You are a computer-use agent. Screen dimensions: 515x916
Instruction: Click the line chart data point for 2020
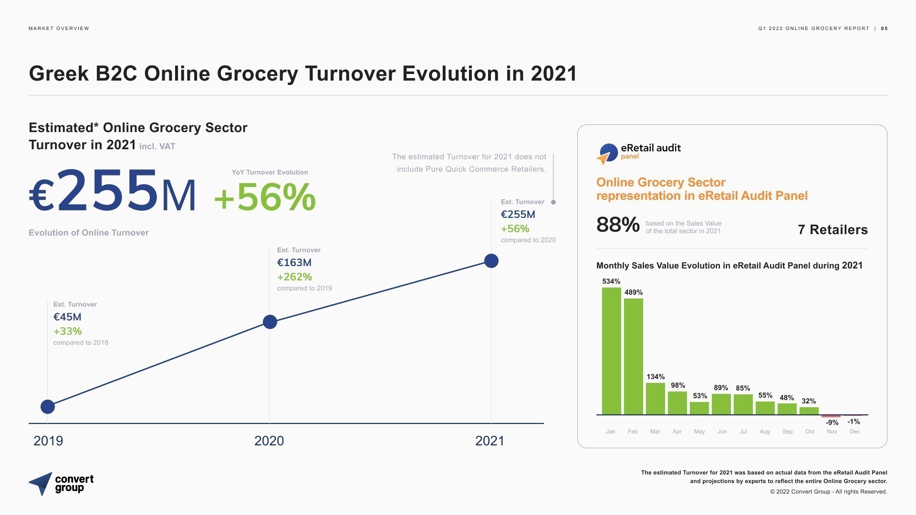click(270, 322)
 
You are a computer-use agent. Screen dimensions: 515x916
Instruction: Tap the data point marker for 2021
click(491, 261)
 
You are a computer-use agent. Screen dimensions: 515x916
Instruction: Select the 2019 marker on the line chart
click(48, 407)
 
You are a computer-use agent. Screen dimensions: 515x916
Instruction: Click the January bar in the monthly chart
click(611, 351)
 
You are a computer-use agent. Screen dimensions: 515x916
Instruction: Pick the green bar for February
click(633, 356)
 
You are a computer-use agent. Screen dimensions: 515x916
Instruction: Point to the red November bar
click(831, 416)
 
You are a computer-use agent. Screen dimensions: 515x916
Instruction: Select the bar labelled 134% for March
click(655, 399)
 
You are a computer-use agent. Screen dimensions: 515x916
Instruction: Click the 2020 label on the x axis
click(269, 441)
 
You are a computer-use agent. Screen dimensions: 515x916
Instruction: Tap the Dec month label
click(854, 432)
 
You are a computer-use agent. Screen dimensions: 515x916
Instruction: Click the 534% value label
click(611, 281)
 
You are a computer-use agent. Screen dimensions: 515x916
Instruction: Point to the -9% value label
click(832, 422)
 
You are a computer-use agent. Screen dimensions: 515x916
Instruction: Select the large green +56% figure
click(265, 197)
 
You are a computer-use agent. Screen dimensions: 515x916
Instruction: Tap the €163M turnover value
click(294, 263)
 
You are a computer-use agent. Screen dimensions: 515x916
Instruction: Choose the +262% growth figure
click(294, 277)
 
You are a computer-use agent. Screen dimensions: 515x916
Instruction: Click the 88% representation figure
click(618, 225)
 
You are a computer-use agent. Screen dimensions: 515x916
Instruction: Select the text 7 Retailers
click(833, 230)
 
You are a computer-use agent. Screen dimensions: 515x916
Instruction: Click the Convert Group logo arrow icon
click(41, 484)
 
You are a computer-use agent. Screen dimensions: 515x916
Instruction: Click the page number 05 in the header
click(884, 29)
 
